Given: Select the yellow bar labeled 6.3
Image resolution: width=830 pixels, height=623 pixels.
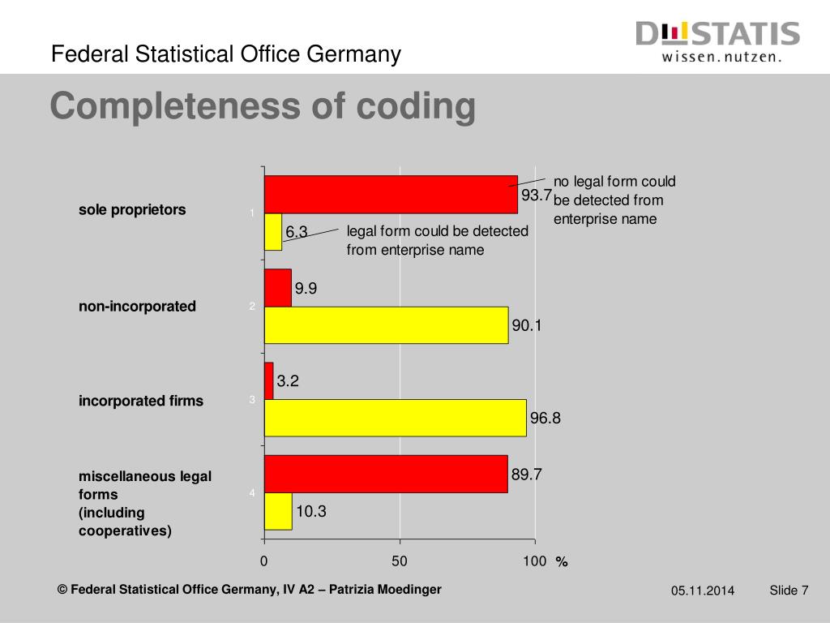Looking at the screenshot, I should point(273,232).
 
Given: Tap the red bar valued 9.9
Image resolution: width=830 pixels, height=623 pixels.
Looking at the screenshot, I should point(278,288).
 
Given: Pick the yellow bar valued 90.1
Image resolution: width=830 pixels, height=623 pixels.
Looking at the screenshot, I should point(386,325).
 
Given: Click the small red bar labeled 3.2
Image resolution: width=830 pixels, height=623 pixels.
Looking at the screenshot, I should point(269,381).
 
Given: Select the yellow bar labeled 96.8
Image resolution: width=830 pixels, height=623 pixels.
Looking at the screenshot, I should point(395,418).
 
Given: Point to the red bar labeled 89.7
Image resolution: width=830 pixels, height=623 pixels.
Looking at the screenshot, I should point(386,474).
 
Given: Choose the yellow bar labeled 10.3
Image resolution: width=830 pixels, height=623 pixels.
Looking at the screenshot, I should point(278,511).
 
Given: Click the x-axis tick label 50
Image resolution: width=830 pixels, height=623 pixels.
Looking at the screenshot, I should point(400,561).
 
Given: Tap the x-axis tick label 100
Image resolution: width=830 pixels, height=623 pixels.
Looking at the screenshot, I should point(535,561).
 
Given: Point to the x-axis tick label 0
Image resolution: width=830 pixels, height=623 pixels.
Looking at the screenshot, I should point(264,561).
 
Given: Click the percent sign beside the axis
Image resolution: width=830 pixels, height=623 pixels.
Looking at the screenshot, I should point(561,562).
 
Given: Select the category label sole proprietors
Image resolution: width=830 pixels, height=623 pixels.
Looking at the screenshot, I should point(132,209).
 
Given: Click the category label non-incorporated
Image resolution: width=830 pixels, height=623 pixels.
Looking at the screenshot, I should point(137,306).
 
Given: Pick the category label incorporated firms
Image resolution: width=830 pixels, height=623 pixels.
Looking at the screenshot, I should point(141,401).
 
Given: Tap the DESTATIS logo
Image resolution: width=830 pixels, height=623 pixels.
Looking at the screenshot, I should point(717,41).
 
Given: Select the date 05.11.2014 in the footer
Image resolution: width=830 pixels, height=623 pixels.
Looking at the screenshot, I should point(702,591).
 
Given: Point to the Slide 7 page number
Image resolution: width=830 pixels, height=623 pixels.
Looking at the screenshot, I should point(789,590).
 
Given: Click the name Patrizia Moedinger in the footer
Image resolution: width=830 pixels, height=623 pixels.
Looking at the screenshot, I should point(385,589).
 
